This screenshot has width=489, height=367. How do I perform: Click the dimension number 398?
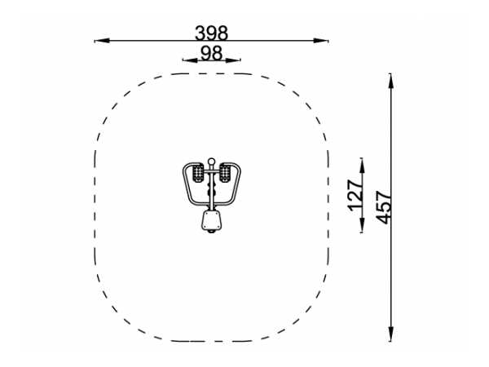211,33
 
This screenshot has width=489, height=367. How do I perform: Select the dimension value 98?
211,53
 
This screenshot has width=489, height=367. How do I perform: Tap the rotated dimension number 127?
356,195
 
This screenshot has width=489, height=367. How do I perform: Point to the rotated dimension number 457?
383,207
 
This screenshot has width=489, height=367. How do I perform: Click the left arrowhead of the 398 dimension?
102,41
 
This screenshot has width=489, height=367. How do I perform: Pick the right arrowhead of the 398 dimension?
321,41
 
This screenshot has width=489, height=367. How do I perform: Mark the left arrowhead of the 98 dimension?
190,60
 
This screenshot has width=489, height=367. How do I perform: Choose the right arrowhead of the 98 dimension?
233,60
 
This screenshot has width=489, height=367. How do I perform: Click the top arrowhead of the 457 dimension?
390,81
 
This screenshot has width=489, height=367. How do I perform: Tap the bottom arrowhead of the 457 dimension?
390,334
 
